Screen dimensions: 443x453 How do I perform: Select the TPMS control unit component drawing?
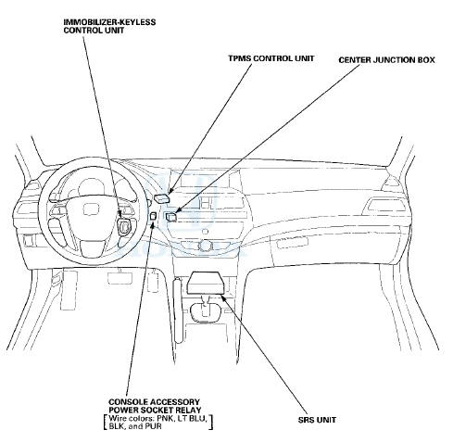point(162,197)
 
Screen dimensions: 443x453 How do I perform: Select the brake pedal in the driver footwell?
point(119,277)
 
